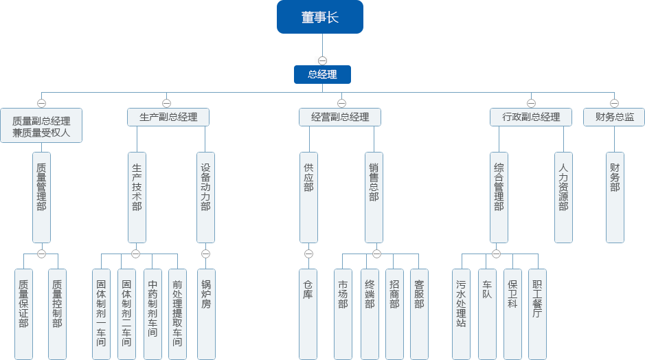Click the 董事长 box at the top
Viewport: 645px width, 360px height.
pos(320,17)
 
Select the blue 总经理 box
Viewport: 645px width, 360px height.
pos(322,74)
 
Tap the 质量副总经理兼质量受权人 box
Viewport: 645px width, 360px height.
pos(41,125)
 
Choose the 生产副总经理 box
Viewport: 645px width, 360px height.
pos(168,117)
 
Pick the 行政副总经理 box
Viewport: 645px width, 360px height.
pos(531,117)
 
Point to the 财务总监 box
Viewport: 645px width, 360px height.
pos(614,117)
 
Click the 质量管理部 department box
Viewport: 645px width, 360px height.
pos(42,197)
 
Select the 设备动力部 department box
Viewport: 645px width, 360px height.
pos(205,197)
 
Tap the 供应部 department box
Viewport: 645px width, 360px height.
pos(308,197)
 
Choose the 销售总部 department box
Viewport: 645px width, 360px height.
pos(374,197)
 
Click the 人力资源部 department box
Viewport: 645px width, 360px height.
pos(563,197)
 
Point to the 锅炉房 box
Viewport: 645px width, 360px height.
pos(205,314)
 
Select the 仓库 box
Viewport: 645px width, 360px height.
pos(308,314)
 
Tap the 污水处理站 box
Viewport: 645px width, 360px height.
pos(461,314)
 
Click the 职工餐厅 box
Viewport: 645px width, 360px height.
pos(537,314)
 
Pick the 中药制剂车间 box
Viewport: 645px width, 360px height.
pos(152,314)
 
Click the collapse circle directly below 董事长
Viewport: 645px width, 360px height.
pos(322,60)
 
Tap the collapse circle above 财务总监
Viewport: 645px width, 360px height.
pos(614,104)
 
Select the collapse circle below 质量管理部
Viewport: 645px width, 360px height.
pos(42,254)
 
